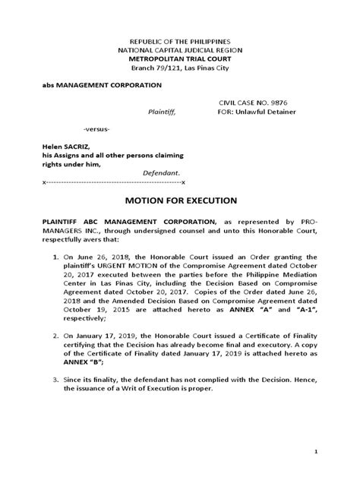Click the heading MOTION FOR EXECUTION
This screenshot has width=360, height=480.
tap(180, 201)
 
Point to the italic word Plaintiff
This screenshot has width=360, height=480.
tap(160, 112)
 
